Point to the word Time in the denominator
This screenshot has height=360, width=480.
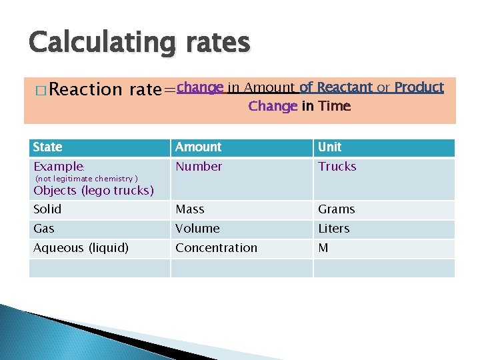click(x=334, y=106)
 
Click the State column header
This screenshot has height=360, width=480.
click(x=48, y=147)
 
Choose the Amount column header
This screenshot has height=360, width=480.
click(x=198, y=147)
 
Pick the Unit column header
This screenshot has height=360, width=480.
click(x=329, y=147)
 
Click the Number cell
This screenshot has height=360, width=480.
click(x=199, y=167)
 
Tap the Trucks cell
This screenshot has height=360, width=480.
click(x=337, y=167)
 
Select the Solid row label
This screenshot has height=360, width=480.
click(x=47, y=209)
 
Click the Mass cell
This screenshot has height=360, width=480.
click(x=190, y=209)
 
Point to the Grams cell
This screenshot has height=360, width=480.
click(x=337, y=209)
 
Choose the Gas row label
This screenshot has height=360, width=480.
click(x=44, y=229)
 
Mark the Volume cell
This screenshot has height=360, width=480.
click(x=197, y=229)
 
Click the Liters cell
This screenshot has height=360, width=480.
click(x=334, y=229)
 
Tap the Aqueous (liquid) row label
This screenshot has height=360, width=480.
click(x=81, y=248)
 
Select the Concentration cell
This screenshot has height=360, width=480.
click(x=216, y=248)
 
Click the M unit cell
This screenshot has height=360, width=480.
click(x=323, y=248)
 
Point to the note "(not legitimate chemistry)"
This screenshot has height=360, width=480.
click(x=86, y=179)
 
